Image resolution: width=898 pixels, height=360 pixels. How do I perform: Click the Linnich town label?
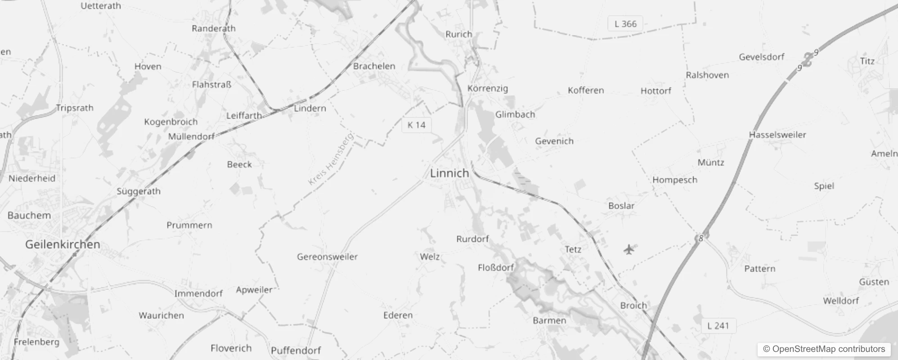[449, 173]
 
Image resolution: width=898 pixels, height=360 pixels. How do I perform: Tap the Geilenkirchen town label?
[63, 244]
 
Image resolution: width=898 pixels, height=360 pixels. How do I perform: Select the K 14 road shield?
[416, 125]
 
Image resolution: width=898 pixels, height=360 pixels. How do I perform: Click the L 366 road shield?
[625, 24]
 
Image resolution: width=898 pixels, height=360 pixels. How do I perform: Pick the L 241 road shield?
[718, 326]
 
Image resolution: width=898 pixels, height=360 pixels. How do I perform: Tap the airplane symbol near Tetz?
[629, 249]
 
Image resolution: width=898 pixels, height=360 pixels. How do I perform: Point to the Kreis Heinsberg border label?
[331, 159]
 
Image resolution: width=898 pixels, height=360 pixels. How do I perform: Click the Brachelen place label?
[374, 66]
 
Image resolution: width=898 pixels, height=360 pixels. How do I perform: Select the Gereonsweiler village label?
[327, 257]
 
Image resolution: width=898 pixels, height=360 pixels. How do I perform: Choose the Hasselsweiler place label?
[777, 135]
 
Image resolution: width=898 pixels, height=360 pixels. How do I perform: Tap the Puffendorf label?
[296, 351]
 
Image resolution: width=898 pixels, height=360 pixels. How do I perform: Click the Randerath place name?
[213, 28]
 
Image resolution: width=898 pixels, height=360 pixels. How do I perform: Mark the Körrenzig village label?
[488, 88]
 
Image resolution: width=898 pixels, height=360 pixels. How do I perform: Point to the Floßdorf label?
[496, 268]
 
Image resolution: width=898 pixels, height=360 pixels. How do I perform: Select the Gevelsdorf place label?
[761, 57]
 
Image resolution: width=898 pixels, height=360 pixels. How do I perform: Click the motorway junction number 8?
[700, 238]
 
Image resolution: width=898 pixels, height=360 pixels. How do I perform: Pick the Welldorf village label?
[841, 301]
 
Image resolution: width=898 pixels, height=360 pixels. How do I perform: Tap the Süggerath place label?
[139, 191]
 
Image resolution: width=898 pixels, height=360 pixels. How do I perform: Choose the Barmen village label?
[549, 320]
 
